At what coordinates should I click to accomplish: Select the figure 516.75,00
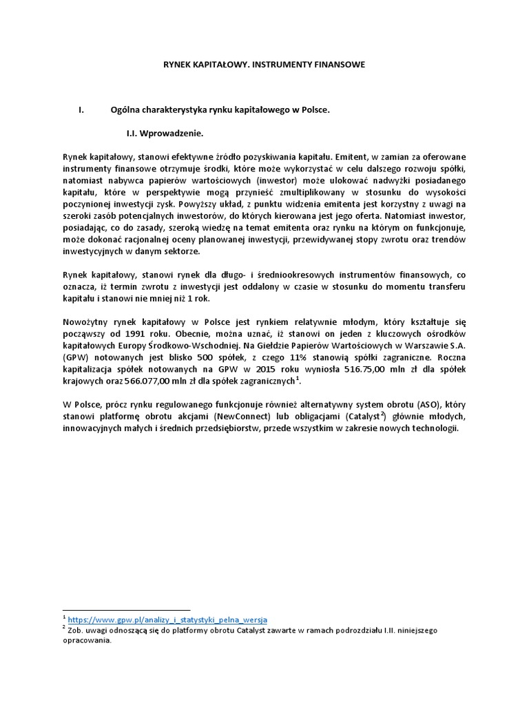(373, 371)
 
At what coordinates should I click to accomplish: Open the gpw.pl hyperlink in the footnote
(168, 620)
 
